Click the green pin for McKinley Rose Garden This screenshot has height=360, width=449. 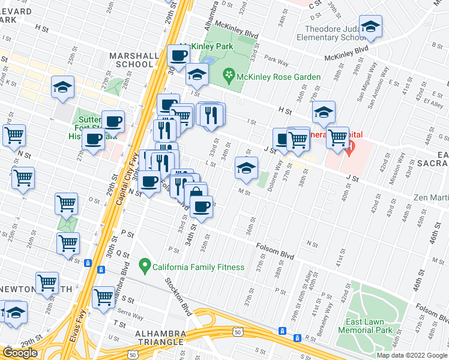pyautogui.click(x=228, y=76)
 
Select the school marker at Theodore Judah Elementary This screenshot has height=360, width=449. pyautogui.click(x=371, y=28)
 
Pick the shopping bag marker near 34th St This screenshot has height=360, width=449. pyautogui.click(x=196, y=194)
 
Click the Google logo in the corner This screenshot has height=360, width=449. pyautogui.click(x=20, y=353)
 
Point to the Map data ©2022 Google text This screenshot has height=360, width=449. pyautogui.click(x=412, y=355)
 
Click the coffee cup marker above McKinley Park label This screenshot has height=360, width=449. pyautogui.click(x=179, y=56)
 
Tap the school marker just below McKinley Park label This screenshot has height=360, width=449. pyautogui.click(x=196, y=75)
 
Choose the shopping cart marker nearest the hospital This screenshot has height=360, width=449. pyautogui.click(x=337, y=137)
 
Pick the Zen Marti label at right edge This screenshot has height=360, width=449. pyautogui.click(x=430, y=197)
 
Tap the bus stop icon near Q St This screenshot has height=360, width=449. pyautogui.click(x=88, y=263)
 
